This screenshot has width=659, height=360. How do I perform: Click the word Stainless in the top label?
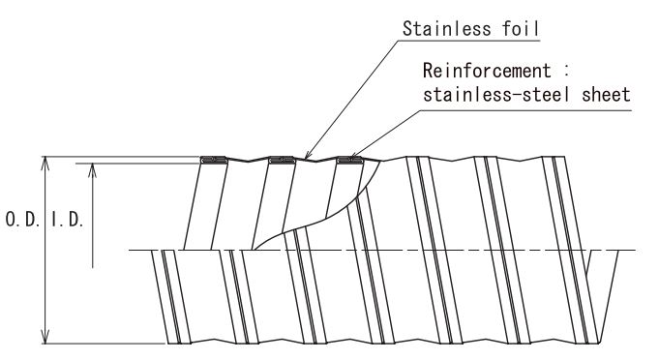[x=446, y=29]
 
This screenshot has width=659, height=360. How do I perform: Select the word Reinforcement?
[x=487, y=71]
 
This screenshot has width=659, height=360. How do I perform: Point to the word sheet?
[x=606, y=95]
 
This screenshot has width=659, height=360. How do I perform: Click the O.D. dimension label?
[x=22, y=220]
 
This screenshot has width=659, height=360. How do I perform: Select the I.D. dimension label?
[x=68, y=220]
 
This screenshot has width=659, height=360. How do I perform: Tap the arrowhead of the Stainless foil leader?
[x=307, y=155]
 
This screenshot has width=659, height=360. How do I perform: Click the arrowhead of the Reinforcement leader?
[x=354, y=155]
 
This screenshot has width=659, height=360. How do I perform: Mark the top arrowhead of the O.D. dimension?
[x=45, y=163]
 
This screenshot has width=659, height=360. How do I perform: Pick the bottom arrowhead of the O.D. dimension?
[x=45, y=337]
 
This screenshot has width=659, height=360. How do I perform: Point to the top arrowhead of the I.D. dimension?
[x=93, y=169]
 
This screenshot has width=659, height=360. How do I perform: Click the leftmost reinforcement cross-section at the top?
[x=214, y=160]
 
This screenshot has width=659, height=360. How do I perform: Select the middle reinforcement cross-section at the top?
[x=282, y=160]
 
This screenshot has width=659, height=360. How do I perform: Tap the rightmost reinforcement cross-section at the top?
[x=350, y=160]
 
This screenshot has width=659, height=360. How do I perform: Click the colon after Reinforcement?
[x=566, y=72]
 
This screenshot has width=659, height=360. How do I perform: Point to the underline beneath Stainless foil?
[x=468, y=41]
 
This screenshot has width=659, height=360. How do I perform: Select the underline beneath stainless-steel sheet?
[x=525, y=111]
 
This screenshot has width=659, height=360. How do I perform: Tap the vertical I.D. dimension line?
[x=93, y=216]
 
